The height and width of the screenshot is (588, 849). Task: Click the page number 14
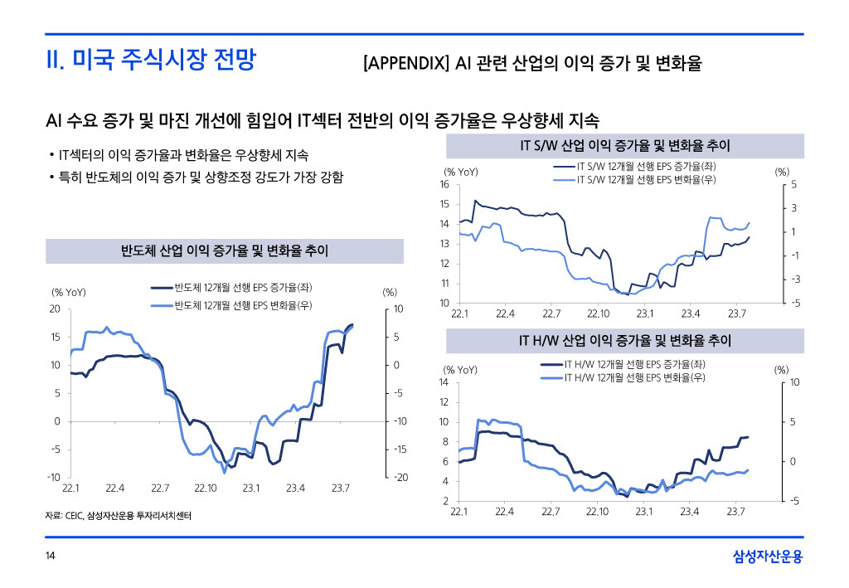pyautogui.click(x=50, y=556)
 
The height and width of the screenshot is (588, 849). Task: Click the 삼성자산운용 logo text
pyautogui.click(x=768, y=556)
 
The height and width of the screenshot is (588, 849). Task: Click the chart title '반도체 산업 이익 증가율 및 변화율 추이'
pyautogui.click(x=225, y=250)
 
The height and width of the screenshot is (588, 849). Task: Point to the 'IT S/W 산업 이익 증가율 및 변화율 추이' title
pyautogui.click(x=624, y=147)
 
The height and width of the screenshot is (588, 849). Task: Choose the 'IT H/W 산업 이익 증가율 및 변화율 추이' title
pyautogui.click(x=624, y=341)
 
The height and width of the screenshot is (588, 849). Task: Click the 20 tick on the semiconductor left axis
pyautogui.click(x=56, y=309)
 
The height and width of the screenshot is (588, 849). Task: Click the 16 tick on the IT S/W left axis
pyautogui.click(x=445, y=184)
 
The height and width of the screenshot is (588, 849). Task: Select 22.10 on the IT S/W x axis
pyautogui.click(x=598, y=313)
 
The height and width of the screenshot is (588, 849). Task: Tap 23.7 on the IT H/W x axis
pyautogui.click(x=735, y=512)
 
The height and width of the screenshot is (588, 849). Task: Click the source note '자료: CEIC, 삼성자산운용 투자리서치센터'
pyautogui.click(x=119, y=517)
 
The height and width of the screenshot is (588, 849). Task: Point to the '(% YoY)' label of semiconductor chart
pyautogui.click(x=69, y=292)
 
